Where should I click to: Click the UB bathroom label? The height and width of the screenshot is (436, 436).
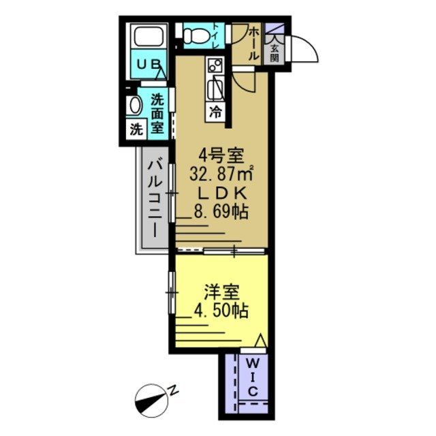149,65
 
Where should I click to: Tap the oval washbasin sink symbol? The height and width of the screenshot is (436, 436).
134,106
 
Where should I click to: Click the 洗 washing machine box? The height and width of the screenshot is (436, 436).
136,128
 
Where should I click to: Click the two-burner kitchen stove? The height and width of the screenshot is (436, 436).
215,67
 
